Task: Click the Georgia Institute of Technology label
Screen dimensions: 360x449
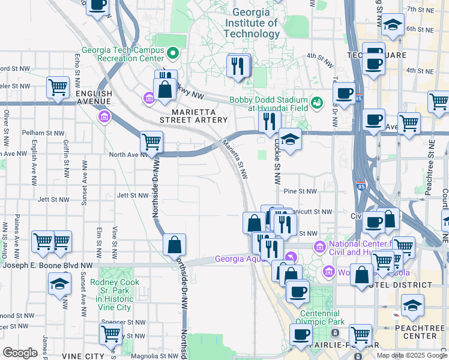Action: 252,23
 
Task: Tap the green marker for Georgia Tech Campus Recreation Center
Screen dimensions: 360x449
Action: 173,53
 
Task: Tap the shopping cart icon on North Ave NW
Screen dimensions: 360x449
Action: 151,142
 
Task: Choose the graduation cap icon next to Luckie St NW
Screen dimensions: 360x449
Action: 290,140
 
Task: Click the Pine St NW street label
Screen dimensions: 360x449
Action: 300,191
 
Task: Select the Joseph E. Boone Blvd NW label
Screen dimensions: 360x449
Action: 47,265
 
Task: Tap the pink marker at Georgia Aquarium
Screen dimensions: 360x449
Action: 291,256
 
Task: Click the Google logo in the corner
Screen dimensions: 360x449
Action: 20,352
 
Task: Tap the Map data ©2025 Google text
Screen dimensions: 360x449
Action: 411,355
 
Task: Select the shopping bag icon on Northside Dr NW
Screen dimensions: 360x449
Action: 174,245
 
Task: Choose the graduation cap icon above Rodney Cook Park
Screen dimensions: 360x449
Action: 59,284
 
